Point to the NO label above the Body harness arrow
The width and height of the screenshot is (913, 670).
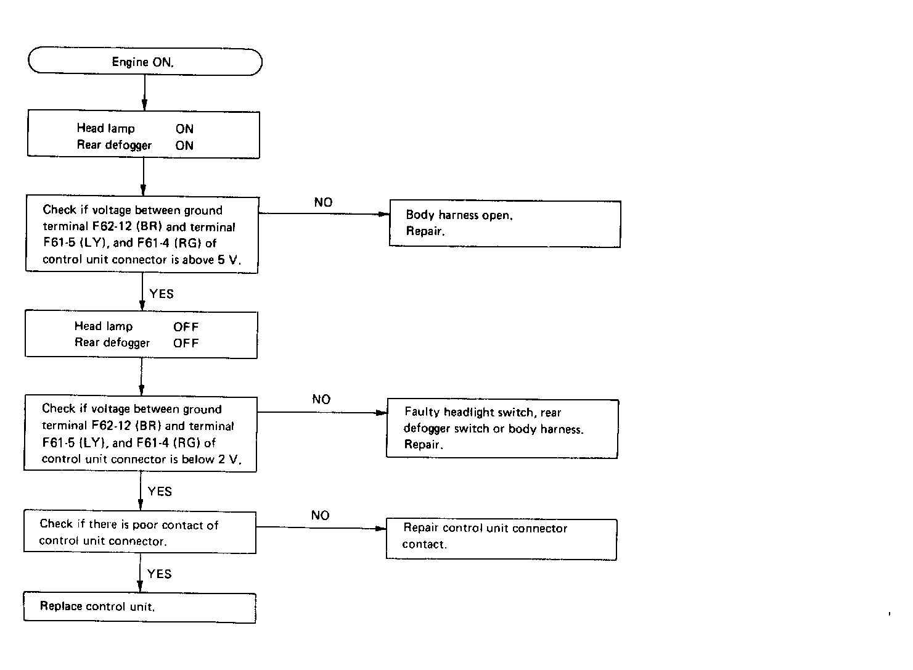pyautogui.click(x=323, y=202)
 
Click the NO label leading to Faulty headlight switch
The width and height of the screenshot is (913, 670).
pyautogui.click(x=321, y=399)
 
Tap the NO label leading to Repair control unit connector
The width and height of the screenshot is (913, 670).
pyautogui.click(x=321, y=515)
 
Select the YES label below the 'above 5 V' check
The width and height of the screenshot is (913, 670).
pyautogui.click(x=162, y=294)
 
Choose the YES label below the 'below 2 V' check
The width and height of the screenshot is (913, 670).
pyautogui.click(x=160, y=491)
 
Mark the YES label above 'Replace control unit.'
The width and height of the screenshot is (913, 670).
pyautogui.click(x=160, y=574)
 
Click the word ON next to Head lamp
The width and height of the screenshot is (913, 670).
pyautogui.click(x=185, y=129)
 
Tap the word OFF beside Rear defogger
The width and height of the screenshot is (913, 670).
pyautogui.click(x=186, y=344)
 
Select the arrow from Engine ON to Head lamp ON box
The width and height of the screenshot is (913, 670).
pyautogui.click(x=144, y=93)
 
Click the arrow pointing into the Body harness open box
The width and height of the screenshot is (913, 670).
pyautogui.click(x=324, y=213)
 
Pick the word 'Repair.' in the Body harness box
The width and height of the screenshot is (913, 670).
pyautogui.click(x=425, y=231)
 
